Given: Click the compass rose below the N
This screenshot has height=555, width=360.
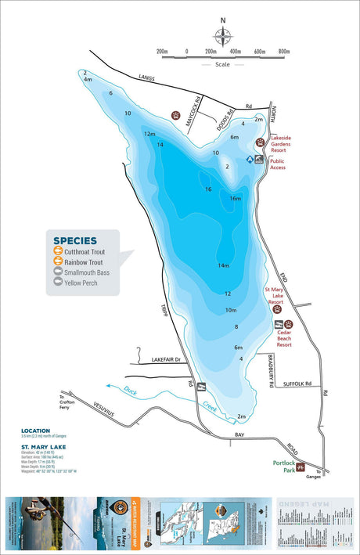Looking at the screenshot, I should [223, 35].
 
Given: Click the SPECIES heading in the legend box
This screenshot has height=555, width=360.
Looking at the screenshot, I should [74, 240].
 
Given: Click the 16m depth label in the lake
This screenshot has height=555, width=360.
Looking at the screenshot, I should [235, 198].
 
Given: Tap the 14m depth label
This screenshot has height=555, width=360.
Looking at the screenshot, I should [223, 265].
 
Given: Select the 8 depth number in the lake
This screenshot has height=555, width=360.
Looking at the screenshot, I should [236, 326].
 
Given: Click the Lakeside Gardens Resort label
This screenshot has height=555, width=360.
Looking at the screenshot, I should [286, 142].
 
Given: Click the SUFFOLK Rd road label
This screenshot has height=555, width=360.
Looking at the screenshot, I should [297, 384].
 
